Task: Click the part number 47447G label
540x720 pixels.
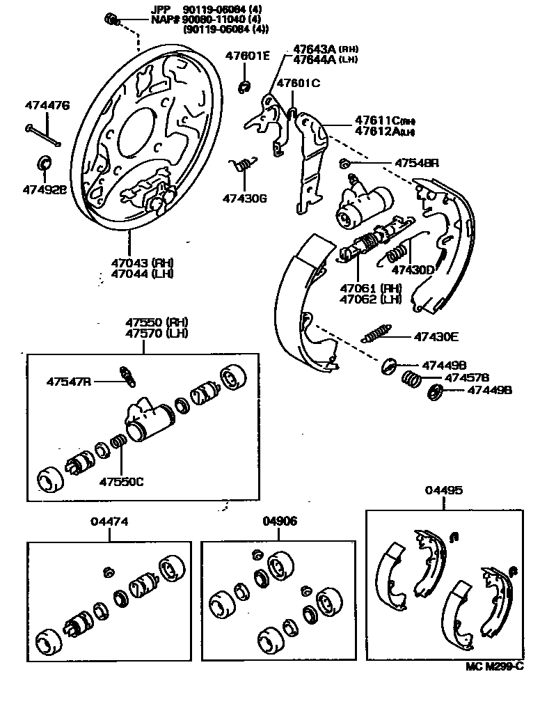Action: point(47,106)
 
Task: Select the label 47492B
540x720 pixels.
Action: point(44,189)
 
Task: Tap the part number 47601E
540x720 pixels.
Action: point(246,55)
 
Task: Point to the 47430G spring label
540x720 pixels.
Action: point(245,198)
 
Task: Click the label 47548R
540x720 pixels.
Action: point(417,164)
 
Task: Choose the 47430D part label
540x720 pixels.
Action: point(412,269)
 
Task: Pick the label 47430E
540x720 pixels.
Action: point(436,336)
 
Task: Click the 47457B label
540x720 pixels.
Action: point(467,377)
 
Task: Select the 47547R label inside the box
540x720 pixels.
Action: point(69,381)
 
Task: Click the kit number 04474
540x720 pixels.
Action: point(109,521)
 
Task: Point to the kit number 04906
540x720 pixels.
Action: point(280,521)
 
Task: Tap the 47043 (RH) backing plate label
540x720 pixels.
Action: point(142,263)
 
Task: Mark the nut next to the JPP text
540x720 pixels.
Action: point(111,17)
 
